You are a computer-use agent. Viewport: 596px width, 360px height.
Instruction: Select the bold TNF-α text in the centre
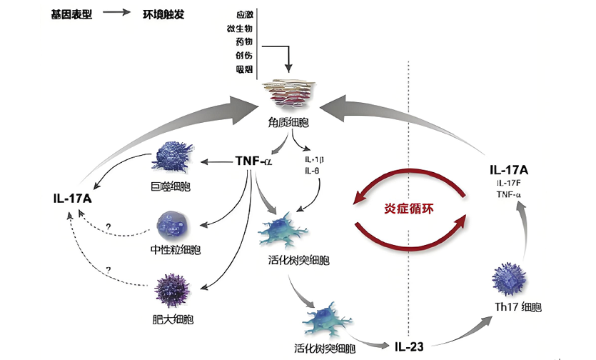[253, 161]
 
